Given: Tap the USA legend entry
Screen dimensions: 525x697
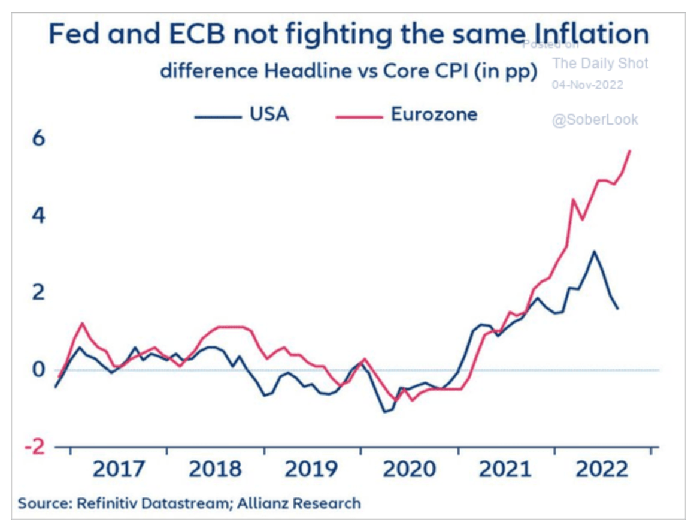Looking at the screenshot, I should [241, 114].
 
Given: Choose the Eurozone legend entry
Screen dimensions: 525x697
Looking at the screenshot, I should [407, 114].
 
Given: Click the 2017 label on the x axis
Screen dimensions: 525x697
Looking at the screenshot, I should [118, 469].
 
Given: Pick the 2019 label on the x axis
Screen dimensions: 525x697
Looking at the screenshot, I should [311, 469].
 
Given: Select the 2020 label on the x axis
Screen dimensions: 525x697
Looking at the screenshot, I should [409, 469].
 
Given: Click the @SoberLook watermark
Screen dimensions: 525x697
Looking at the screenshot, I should [595, 120].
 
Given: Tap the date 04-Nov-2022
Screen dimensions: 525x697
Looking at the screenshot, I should [587, 85].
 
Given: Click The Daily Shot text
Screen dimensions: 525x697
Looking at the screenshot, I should [600, 63].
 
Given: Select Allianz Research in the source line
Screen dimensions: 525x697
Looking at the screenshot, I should [301, 503].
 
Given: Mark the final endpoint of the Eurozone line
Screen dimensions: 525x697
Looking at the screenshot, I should [630, 150].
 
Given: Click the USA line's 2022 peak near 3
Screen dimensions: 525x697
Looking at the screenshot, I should [593, 251].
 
